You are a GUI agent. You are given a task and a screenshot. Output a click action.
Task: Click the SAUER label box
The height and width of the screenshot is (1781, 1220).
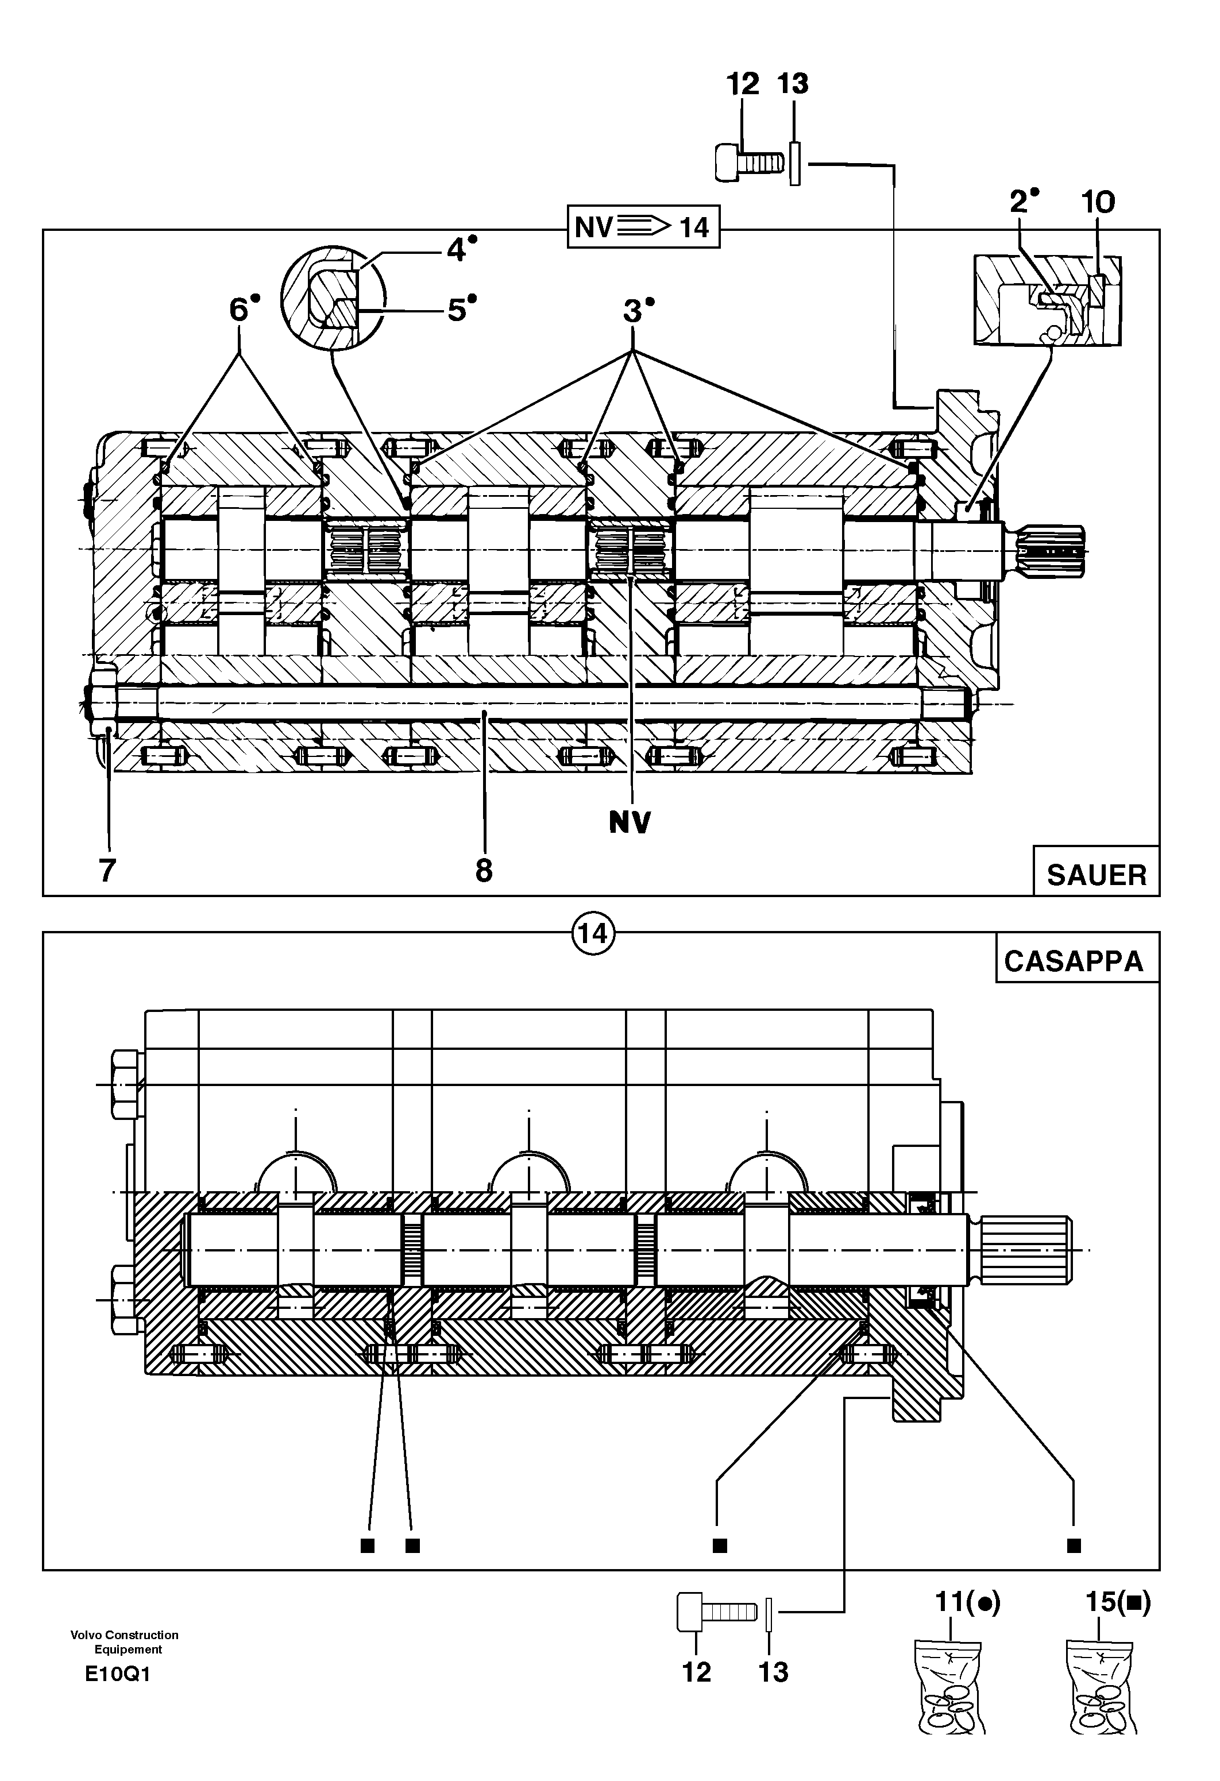1096,874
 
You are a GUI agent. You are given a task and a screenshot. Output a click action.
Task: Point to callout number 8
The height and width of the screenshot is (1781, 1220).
484,871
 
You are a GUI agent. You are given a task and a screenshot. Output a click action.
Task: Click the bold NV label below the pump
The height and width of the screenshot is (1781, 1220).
630,822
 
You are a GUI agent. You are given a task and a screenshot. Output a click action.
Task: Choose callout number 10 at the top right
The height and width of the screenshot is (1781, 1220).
1098,202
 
